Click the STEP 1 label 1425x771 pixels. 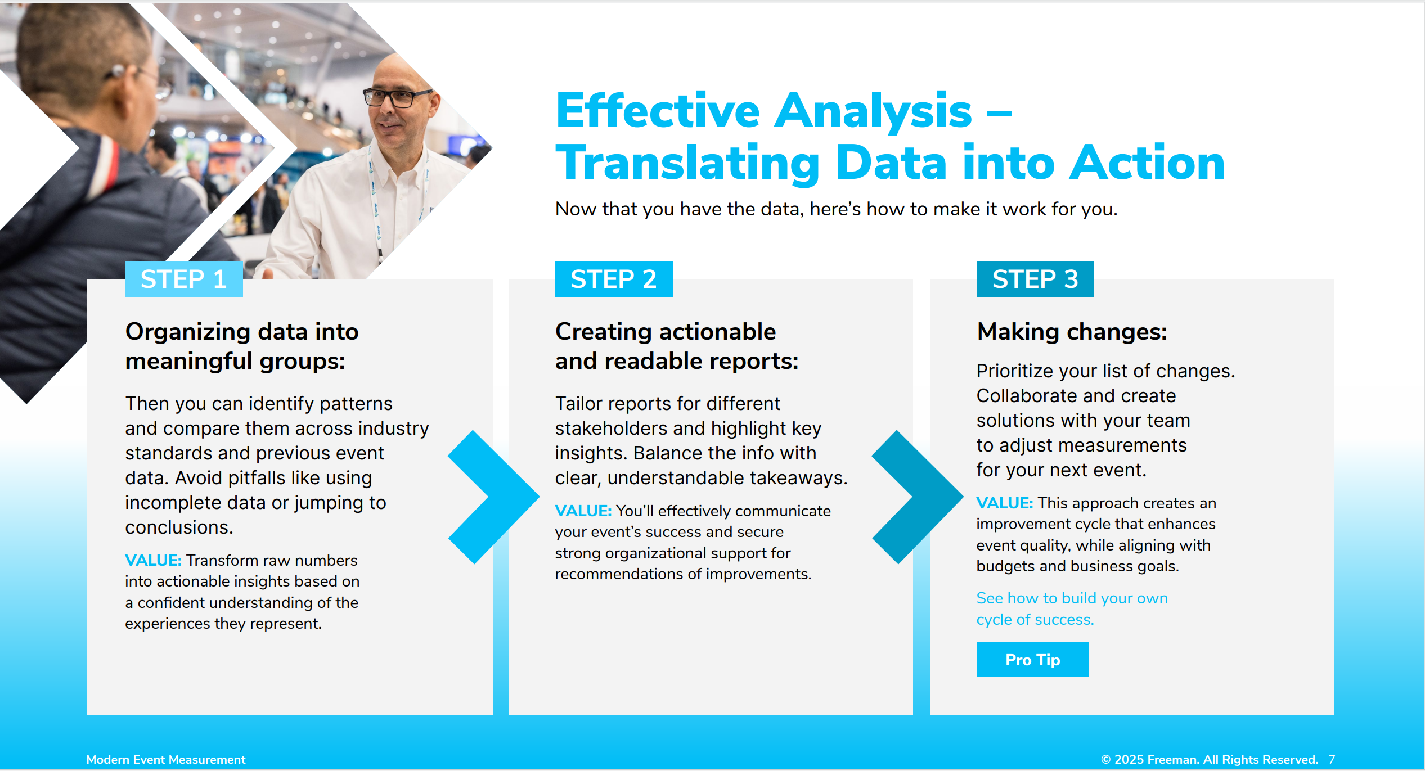click(x=183, y=279)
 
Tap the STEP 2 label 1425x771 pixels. click(x=614, y=279)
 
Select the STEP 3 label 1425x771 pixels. click(x=1035, y=279)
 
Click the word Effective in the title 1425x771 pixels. click(x=658, y=111)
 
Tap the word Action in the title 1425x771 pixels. click(x=1147, y=163)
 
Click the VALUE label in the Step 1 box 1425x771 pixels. click(x=153, y=561)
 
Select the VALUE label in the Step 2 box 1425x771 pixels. click(x=583, y=511)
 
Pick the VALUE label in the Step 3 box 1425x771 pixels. click(x=1004, y=503)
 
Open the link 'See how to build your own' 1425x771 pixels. click(x=1072, y=598)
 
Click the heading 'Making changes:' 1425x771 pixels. click(x=1072, y=332)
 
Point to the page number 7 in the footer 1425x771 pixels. click(x=1332, y=760)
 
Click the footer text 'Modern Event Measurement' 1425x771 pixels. click(x=166, y=760)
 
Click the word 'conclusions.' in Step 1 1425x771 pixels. click(x=179, y=527)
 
